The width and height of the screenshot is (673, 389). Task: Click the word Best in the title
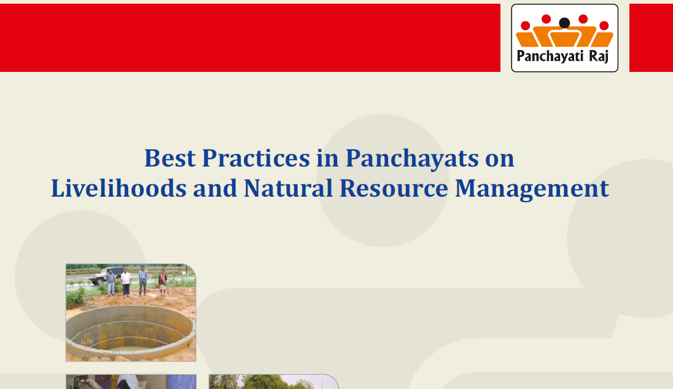pyautogui.click(x=169, y=158)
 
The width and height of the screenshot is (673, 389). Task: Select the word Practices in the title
pyautogui.click(x=256, y=158)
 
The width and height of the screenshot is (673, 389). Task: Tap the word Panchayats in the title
pyautogui.click(x=412, y=159)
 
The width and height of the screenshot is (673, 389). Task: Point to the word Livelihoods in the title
pyautogui.click(x=119, y=188)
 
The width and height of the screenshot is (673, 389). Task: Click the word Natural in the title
pyautogui.click(x=288, y=188)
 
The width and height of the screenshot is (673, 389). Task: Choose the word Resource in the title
pyautogui.click(x=394, y=189)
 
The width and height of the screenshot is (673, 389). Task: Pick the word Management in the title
pyautogui.click(x=532, y=189)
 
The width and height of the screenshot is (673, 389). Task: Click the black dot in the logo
pyautogui.click(x=564, y=23)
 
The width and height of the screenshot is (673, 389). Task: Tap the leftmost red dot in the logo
pyautogui.click(x=526, y=26)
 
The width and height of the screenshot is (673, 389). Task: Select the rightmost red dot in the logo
pyautogui.click(x=604, y=26)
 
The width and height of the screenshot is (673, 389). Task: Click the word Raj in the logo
pyautogui.click(x=599, y=57)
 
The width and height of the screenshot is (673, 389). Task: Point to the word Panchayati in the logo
pyautogui.click(x=550, y=57)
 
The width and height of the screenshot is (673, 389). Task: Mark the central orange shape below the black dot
pyautogui.click(x=564, y=38)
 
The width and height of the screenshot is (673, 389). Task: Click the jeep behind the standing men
pyautogui.click(x=105, y=275)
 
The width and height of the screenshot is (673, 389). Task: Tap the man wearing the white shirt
pyautogui.click(x=126, y=283)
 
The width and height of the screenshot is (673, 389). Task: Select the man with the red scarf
pyautogui.click(x=163, y=283)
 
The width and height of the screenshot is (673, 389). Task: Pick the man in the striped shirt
pyautogui.click(x=143, y=280)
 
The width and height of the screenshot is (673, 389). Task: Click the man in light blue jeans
pyautogui.click(x=111, y=282)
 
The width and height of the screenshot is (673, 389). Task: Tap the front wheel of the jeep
pyautogui.click(x=100, y=281)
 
